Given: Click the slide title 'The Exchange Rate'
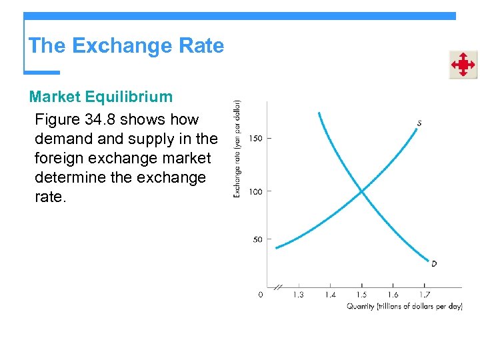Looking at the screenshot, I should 126,46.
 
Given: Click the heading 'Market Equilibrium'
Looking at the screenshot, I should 101,97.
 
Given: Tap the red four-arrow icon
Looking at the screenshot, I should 462,65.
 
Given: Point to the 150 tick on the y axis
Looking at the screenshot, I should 255,139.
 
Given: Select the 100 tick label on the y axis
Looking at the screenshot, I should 255,192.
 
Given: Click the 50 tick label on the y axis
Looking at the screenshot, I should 257,240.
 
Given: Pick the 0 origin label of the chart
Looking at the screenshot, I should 260,295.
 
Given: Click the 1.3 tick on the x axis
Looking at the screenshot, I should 298,295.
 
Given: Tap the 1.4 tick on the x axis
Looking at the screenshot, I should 330,295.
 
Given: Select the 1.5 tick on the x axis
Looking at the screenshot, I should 361,295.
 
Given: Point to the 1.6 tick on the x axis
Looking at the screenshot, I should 393,295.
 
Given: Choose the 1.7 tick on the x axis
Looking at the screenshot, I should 425,295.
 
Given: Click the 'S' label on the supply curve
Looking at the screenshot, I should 419,123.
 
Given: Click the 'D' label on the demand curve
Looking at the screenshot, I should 434,264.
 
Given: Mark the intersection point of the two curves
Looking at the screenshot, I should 361,192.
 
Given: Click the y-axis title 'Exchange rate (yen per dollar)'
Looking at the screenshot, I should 237,148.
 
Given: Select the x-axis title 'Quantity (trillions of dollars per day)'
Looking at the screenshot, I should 403,306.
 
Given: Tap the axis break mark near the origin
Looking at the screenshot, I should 278,287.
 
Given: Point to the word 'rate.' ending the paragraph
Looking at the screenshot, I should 51,198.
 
